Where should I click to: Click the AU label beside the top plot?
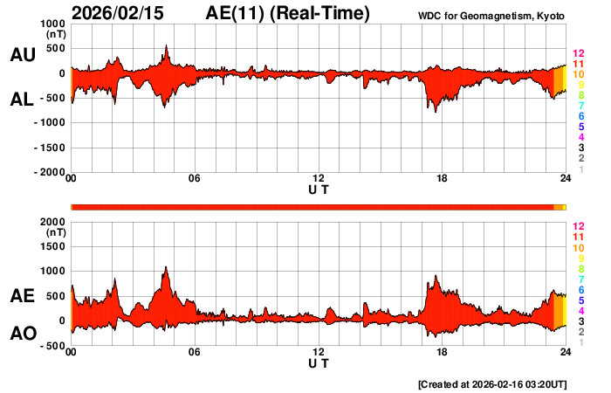(23, 54)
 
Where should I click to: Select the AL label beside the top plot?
(23, 100)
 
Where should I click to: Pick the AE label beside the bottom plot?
(23, 296)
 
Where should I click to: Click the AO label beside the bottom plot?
(23, 333)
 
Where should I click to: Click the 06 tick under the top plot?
(195, 179)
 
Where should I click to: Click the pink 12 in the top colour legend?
(577, 54)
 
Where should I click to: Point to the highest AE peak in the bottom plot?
(166, 267)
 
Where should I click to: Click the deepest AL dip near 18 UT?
(429, 109)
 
